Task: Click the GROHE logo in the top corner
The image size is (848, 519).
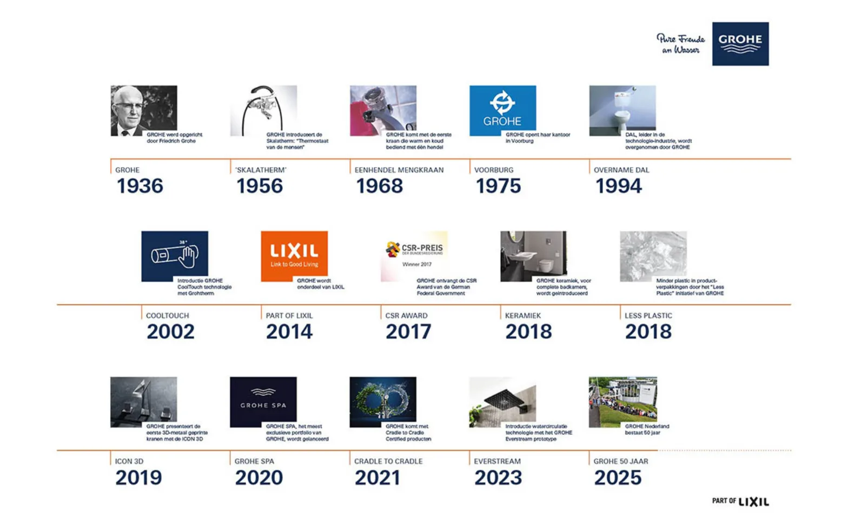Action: point(740,44)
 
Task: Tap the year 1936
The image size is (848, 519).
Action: point(140,186)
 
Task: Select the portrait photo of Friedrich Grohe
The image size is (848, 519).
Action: point(143,110)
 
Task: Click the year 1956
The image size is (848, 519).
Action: point(260,186)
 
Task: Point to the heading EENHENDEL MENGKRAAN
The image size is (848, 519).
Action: point(399,170)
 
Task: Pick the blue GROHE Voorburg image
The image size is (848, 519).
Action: point(502,110)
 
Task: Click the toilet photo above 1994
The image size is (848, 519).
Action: point(622,110)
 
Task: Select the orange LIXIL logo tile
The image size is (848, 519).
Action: point(294,256)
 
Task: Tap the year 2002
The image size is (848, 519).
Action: point(170,331)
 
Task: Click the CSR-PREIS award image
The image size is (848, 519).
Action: point(414,256)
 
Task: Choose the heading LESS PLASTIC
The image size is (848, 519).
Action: point(648,316)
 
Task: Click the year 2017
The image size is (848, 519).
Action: point(408,331)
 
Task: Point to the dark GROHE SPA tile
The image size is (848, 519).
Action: point(263,402)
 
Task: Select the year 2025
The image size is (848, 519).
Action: point(618,477)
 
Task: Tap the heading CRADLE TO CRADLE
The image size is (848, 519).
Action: point(388,461)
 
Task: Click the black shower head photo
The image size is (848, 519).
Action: point(502,402)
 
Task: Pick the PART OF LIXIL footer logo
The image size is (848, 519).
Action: point(740,501)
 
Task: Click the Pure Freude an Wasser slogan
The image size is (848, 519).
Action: point(680,44)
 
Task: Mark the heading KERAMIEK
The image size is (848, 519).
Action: point(522,316)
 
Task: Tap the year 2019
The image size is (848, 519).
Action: point(138,477)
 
